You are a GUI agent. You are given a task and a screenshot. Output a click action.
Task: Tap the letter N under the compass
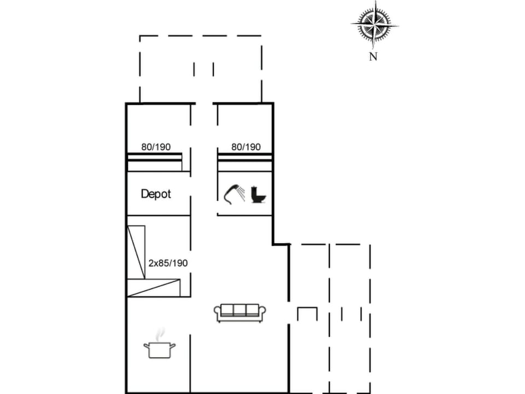[x=374, y=56]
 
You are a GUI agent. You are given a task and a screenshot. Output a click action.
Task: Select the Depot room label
[x=156, y=194]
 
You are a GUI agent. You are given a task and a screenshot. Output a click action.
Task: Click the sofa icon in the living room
[x=240, y=312]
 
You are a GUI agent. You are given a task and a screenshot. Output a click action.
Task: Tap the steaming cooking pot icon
[x=159, y=348]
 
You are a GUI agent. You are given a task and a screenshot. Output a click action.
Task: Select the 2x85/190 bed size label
[x=168, y=263]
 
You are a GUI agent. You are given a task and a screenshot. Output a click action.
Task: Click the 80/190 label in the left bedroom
[x=156, y=147]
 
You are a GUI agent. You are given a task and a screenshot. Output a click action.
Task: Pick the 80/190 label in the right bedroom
[x=246, y=147]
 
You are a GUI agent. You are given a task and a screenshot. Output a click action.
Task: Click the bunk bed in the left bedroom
[x=155, y=161]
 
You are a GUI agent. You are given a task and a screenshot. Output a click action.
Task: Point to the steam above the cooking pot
[x=160, y=333]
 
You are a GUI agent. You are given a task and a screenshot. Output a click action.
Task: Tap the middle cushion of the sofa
[x=240, y=310]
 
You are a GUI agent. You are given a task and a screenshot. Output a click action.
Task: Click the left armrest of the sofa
[x=217, y=312]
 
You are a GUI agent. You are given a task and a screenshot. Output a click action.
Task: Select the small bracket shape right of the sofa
[x=307, y=314]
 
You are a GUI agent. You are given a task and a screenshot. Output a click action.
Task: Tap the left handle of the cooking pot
[x=146, y=346]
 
